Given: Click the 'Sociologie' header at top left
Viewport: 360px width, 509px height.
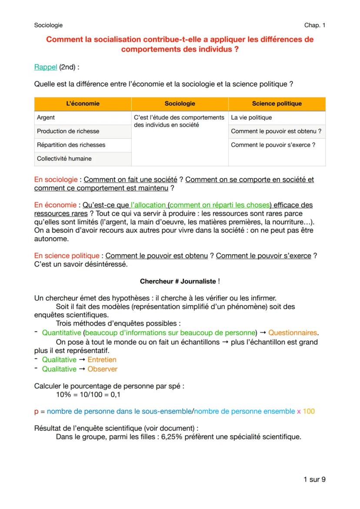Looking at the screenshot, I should point(48,25).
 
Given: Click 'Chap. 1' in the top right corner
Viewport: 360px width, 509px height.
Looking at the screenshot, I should point(315,25).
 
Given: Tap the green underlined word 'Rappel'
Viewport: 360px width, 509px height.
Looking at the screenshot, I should point(46,67).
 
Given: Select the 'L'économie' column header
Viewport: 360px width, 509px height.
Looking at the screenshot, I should point(83,103).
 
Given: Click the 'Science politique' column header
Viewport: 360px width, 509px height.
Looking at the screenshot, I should point(277,103).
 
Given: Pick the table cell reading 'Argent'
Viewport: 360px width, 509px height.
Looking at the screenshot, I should point(46,117).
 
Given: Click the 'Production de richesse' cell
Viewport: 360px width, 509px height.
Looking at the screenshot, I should point(68,131).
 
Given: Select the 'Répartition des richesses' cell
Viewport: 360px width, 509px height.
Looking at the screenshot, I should point(71,145).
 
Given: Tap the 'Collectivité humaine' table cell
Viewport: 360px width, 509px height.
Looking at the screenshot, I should point(64,159).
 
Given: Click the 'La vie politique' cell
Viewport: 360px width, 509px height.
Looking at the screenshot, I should point(251,117).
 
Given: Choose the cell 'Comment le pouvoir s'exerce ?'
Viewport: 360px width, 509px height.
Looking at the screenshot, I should point(273,145).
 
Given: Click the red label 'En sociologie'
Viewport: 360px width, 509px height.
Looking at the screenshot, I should point(56,179).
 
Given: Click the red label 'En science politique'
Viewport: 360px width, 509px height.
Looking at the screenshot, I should point(67,256).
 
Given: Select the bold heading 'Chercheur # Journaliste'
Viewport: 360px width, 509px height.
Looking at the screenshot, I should point(178,281).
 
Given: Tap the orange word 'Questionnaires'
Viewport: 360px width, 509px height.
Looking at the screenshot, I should point(293,333).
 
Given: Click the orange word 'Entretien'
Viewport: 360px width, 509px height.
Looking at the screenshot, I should point(102,359).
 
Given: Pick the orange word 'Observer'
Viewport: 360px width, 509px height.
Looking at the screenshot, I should point(102,369).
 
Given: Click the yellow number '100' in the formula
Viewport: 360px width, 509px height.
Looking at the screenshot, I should point(309,411).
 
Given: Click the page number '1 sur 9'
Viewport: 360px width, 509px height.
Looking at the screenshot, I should point(314,479).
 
